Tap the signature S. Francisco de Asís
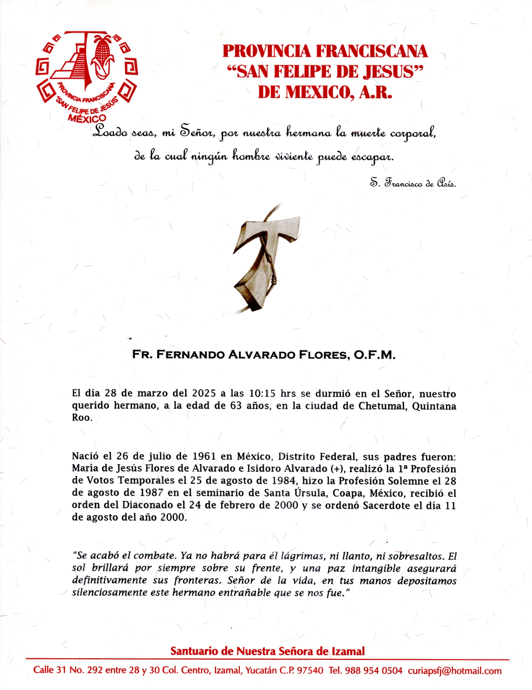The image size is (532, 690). [413, 183]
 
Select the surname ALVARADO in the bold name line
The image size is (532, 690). [262, 355]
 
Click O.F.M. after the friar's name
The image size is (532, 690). [374, 355]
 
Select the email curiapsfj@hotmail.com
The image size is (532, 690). [455, 671]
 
